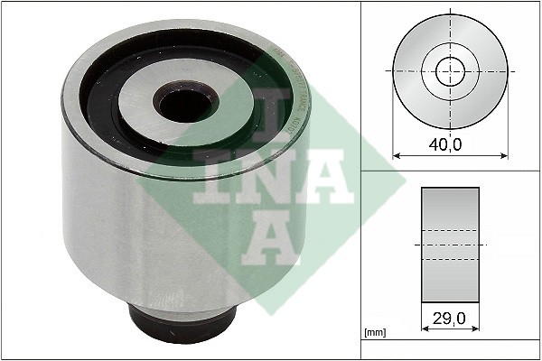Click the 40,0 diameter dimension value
pos(444,144)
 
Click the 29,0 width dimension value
pos(449,318)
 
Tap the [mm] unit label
pos(375,333)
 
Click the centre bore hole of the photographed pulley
pos(186,105)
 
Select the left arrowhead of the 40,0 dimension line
pos(397,156)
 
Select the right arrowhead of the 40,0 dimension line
pos(504,156)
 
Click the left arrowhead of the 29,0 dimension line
pos(425,329)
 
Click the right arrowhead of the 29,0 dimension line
pos(476,329)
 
